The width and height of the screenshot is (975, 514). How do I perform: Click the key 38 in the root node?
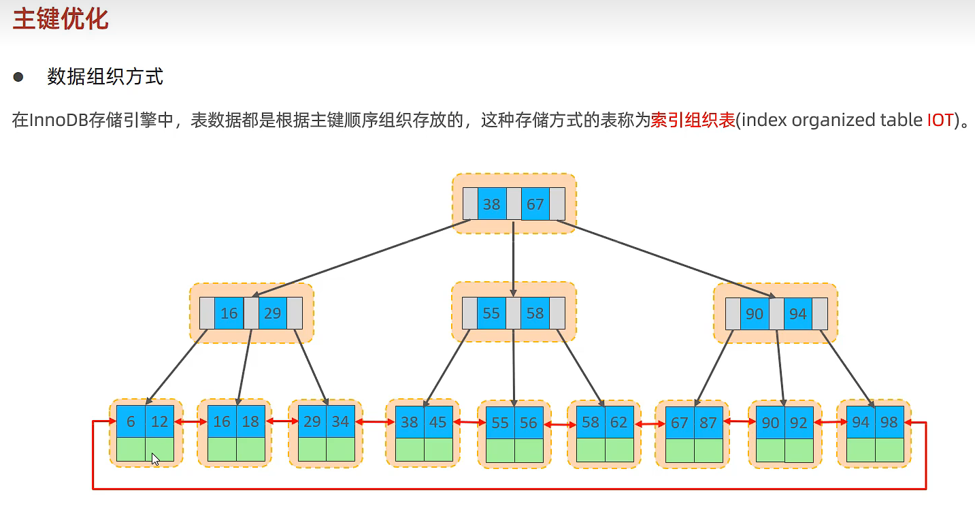[x=492, y=204]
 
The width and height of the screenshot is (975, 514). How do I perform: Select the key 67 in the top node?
[x=535, y=204]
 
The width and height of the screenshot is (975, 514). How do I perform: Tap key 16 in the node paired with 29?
[x=229, y=313]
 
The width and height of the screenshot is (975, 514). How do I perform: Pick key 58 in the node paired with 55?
[x=535, y=313]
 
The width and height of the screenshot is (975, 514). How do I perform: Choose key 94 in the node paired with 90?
[x=798, y=313]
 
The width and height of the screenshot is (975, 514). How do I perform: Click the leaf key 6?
[x=131, y=422]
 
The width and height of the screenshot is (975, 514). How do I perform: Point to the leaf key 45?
[x=438, y=422]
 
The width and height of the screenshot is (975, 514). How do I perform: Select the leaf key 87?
[x=708, y=422]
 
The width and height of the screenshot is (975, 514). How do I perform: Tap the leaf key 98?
[x=889, y=422]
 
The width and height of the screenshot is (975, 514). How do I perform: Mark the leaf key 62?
[x=619, y=422]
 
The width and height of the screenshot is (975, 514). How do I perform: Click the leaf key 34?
[x=341, y=422]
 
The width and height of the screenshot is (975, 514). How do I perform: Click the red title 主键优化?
[x=61, y=18]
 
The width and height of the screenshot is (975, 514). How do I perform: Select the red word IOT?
[x=940, y=121]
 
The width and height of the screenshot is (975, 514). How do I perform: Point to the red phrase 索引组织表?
[x=693, y=121]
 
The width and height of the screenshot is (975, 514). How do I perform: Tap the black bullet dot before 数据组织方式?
[x=18, y=76]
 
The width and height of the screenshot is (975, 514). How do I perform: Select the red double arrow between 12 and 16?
[x=191, y=422]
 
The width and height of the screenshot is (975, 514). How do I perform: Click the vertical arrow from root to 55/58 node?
[x=514, y=255]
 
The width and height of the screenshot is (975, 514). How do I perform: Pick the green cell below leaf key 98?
[x=889, y=450]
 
